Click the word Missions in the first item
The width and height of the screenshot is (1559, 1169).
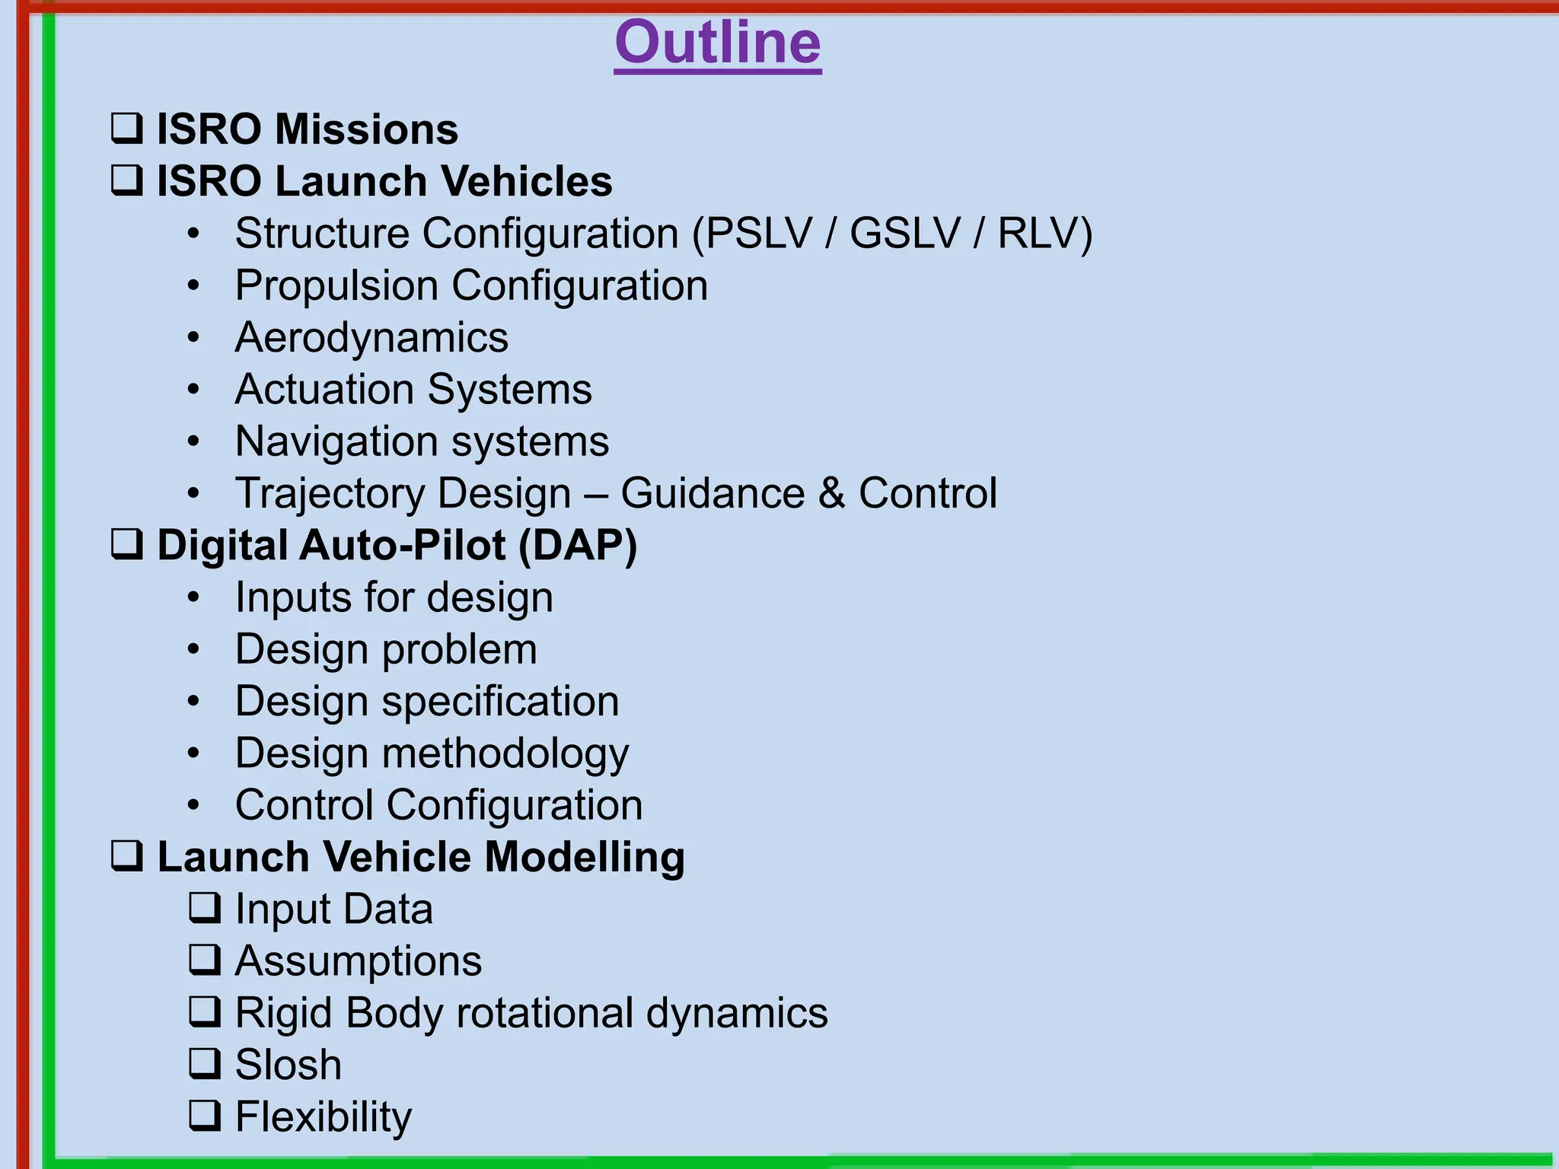[x=366, y=129]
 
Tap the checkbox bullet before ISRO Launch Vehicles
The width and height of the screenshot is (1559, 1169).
[x=126, y=180]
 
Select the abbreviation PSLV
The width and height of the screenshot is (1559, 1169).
[x=758, y=233]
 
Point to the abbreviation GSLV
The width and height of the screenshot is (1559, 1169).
[x=904, y=233]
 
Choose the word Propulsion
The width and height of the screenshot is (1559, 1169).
[x=336, y=285]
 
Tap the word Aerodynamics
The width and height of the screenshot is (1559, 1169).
[x=371, y=337]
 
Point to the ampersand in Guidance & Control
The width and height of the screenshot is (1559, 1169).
[x=831, y=493]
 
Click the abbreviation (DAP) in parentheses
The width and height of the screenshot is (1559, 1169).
[x=578, y=546]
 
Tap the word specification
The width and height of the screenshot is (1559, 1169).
[x=500, y=701]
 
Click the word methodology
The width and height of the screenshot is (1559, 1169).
[x=505, y=753]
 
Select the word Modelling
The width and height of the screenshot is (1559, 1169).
[x=584, y=857]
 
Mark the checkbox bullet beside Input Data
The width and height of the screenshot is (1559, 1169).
[x=205, y=908]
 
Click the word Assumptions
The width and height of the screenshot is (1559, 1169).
[x=358, y=961]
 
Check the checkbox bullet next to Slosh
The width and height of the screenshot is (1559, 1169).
[x=205, y=1064]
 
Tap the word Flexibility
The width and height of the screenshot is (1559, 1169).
[x=323, y=1116]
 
